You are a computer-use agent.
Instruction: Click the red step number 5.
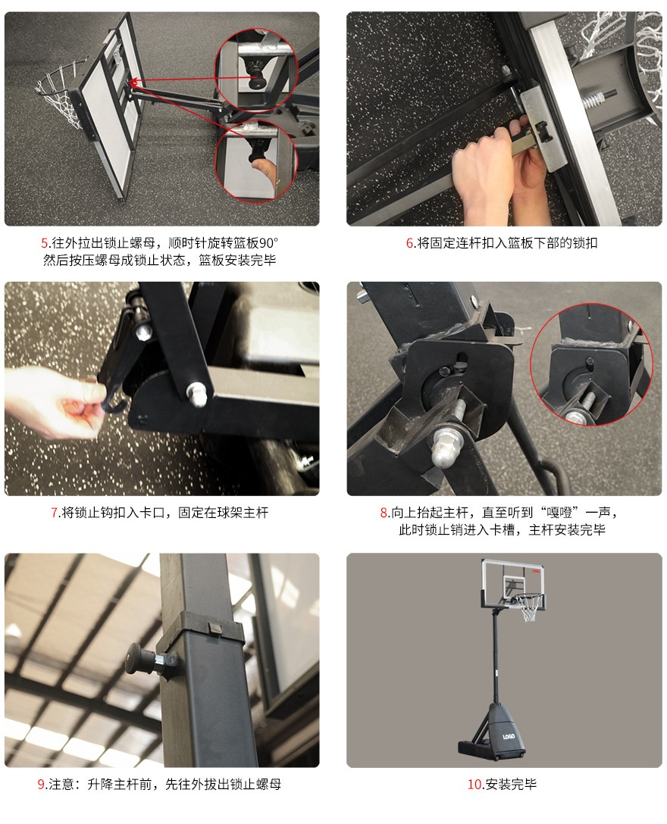point(44,243)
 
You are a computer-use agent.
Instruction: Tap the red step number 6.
point(409,243)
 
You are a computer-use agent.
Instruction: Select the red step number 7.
point(54,513)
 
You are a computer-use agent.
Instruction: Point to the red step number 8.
point(384,513)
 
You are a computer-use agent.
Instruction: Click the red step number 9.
point(40,785)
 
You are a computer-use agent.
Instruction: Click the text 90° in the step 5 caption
point(268,243)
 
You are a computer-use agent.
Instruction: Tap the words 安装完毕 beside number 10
point(512,785)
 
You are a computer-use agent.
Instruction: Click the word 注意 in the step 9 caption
point(61,785)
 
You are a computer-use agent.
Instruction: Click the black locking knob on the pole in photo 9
point(139,662)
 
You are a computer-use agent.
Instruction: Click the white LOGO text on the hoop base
point(508,737)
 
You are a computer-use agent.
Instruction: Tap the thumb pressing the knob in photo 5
point(261,171)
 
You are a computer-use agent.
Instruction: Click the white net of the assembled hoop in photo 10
point(529,609)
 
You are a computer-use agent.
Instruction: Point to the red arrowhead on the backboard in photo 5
point(133,82)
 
